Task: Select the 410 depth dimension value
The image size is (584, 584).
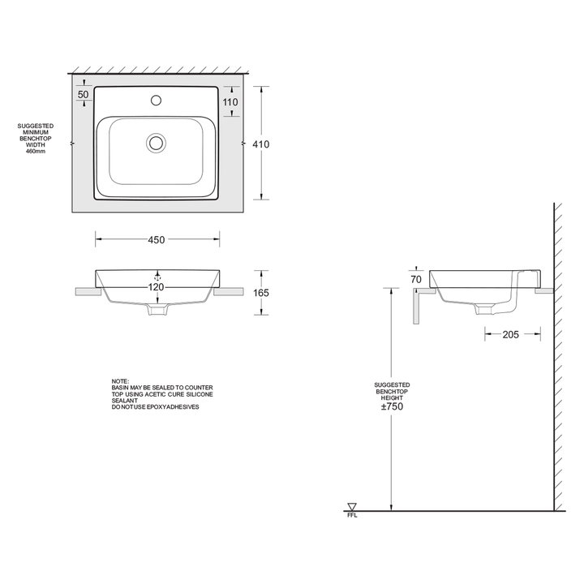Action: coord(260,144)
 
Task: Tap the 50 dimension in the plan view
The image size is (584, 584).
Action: coord(83,95)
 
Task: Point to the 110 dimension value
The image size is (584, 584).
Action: coord(230,102)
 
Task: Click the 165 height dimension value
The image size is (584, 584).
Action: coord(260,293)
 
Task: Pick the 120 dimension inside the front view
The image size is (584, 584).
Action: coord(156,287)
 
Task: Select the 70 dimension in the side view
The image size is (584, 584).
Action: coord(416,280)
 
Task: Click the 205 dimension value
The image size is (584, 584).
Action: coord(511,334)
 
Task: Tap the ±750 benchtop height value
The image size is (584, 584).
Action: coord(392,406)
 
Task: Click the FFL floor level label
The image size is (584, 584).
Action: coord(351,515)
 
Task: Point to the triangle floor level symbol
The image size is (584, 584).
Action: coord(351,506)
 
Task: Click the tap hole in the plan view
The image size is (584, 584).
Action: coord(156,102)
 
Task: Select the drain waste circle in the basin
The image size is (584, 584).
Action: coord(156,144)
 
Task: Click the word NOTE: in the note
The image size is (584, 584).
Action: coord(120,381)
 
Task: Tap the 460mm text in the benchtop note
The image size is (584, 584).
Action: coord(36,152)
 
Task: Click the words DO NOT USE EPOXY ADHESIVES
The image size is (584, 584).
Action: coord(155,406)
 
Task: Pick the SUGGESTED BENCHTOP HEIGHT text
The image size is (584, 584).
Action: coord(392,391)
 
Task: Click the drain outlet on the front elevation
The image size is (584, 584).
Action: coord(156,311)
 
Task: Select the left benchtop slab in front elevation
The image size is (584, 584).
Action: coord(86,290)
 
